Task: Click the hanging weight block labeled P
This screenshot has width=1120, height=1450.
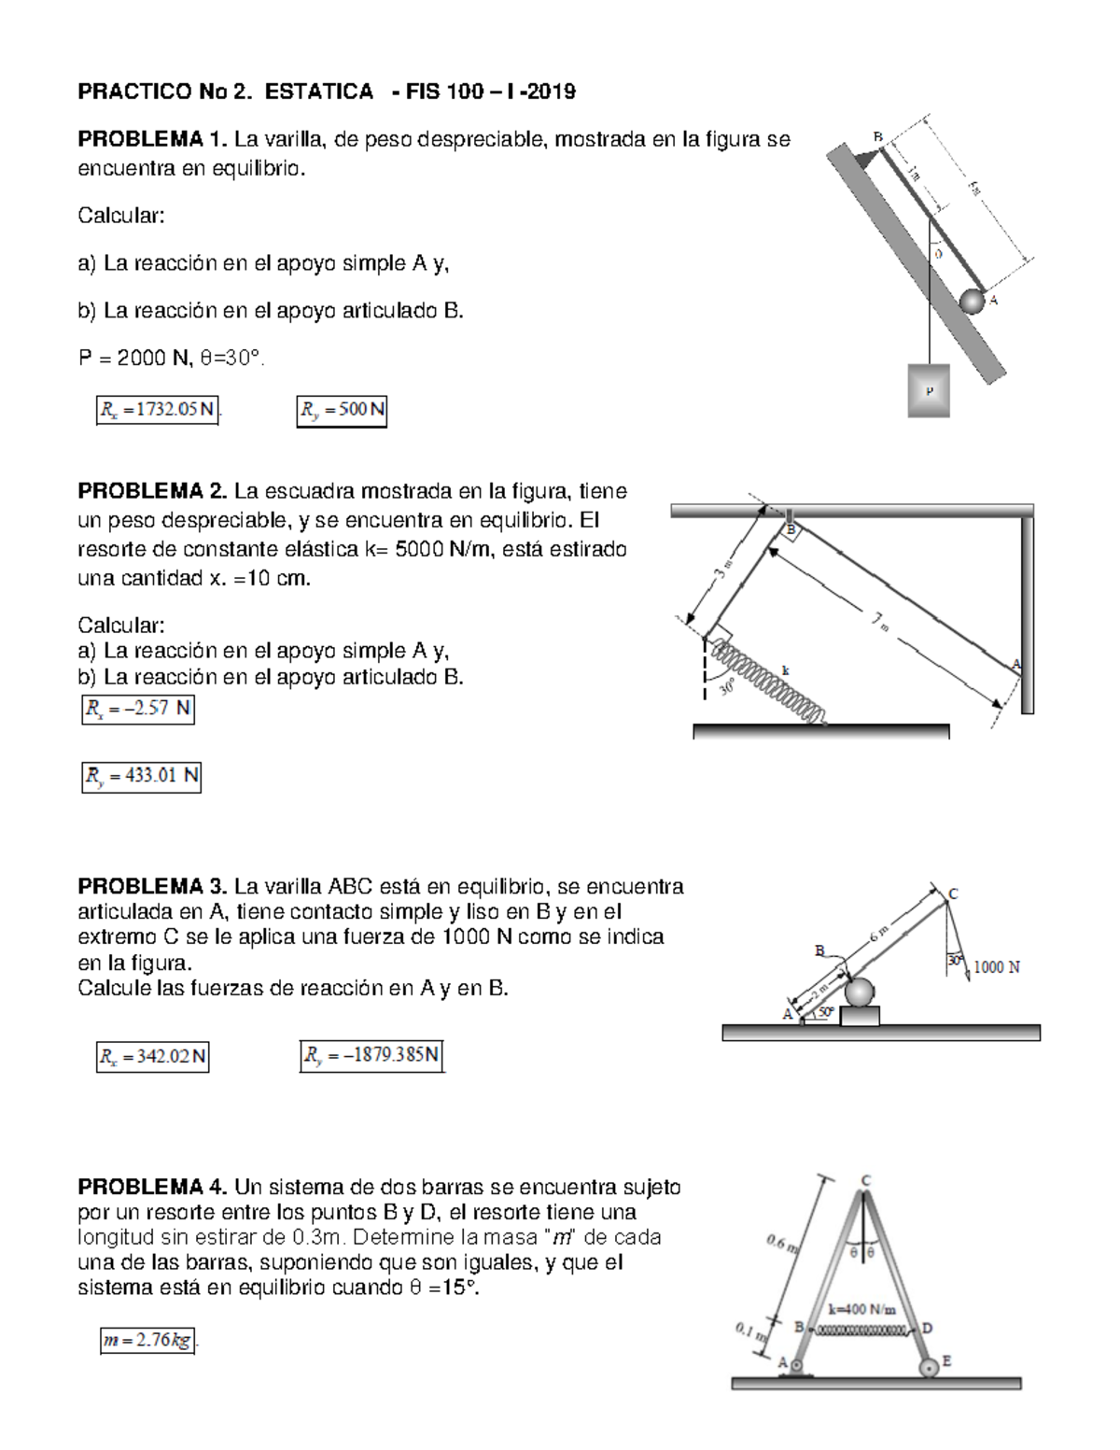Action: point(929,389)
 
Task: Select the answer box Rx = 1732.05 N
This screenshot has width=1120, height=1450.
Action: point(157,410)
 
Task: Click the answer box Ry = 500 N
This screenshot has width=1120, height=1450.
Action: point(342,410)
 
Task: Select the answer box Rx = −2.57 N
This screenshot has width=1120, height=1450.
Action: point(138,710)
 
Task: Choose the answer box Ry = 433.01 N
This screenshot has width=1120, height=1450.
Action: point(142,776)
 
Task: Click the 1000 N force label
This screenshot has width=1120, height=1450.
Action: point(996,967)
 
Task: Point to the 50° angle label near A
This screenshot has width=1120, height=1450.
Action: point(826,1011)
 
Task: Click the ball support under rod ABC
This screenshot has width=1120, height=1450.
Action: point(860,992)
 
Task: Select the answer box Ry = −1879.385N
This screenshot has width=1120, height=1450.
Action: point(371,1056)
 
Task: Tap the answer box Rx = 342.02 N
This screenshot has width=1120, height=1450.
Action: point(152,1057)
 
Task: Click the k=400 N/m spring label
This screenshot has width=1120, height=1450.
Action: point(865,1309)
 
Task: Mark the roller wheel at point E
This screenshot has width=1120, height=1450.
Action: point(929,1367)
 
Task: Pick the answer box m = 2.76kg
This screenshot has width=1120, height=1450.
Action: point(148,1341)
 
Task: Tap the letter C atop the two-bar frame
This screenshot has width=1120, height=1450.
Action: point(865,1180)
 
